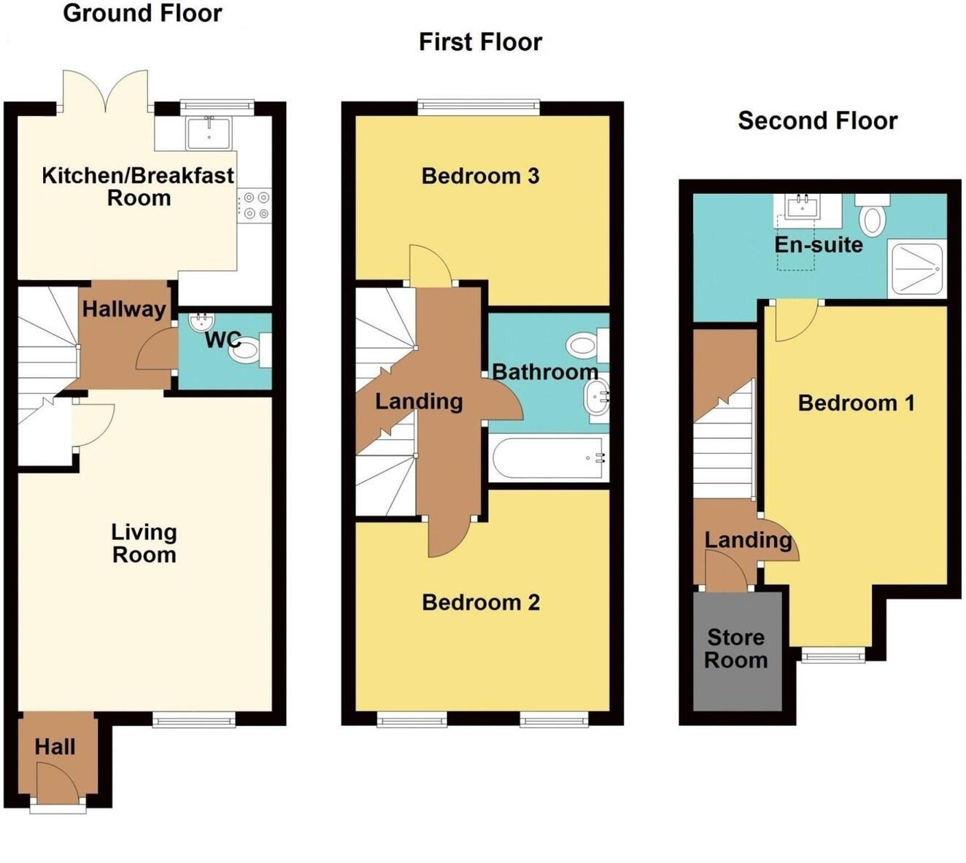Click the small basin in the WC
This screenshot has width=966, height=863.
click(200, 322)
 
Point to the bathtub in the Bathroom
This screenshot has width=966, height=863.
click(548, 458)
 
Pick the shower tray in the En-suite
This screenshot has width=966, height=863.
click(917, 269)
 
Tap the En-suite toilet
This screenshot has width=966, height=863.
click(873, 215)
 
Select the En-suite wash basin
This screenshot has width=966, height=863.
click(803, 206)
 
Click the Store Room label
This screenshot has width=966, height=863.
click(735, 649)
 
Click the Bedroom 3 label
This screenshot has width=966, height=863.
click(480, 176)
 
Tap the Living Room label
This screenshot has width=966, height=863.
click(144, 543)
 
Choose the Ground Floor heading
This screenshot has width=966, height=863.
click(142, 13)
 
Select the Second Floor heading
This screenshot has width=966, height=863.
click(817, 120)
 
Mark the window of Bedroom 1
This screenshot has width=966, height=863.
click(832, 654)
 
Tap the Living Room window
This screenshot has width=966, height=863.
click(193, 721)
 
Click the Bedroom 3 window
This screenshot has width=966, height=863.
click(479, 107)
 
